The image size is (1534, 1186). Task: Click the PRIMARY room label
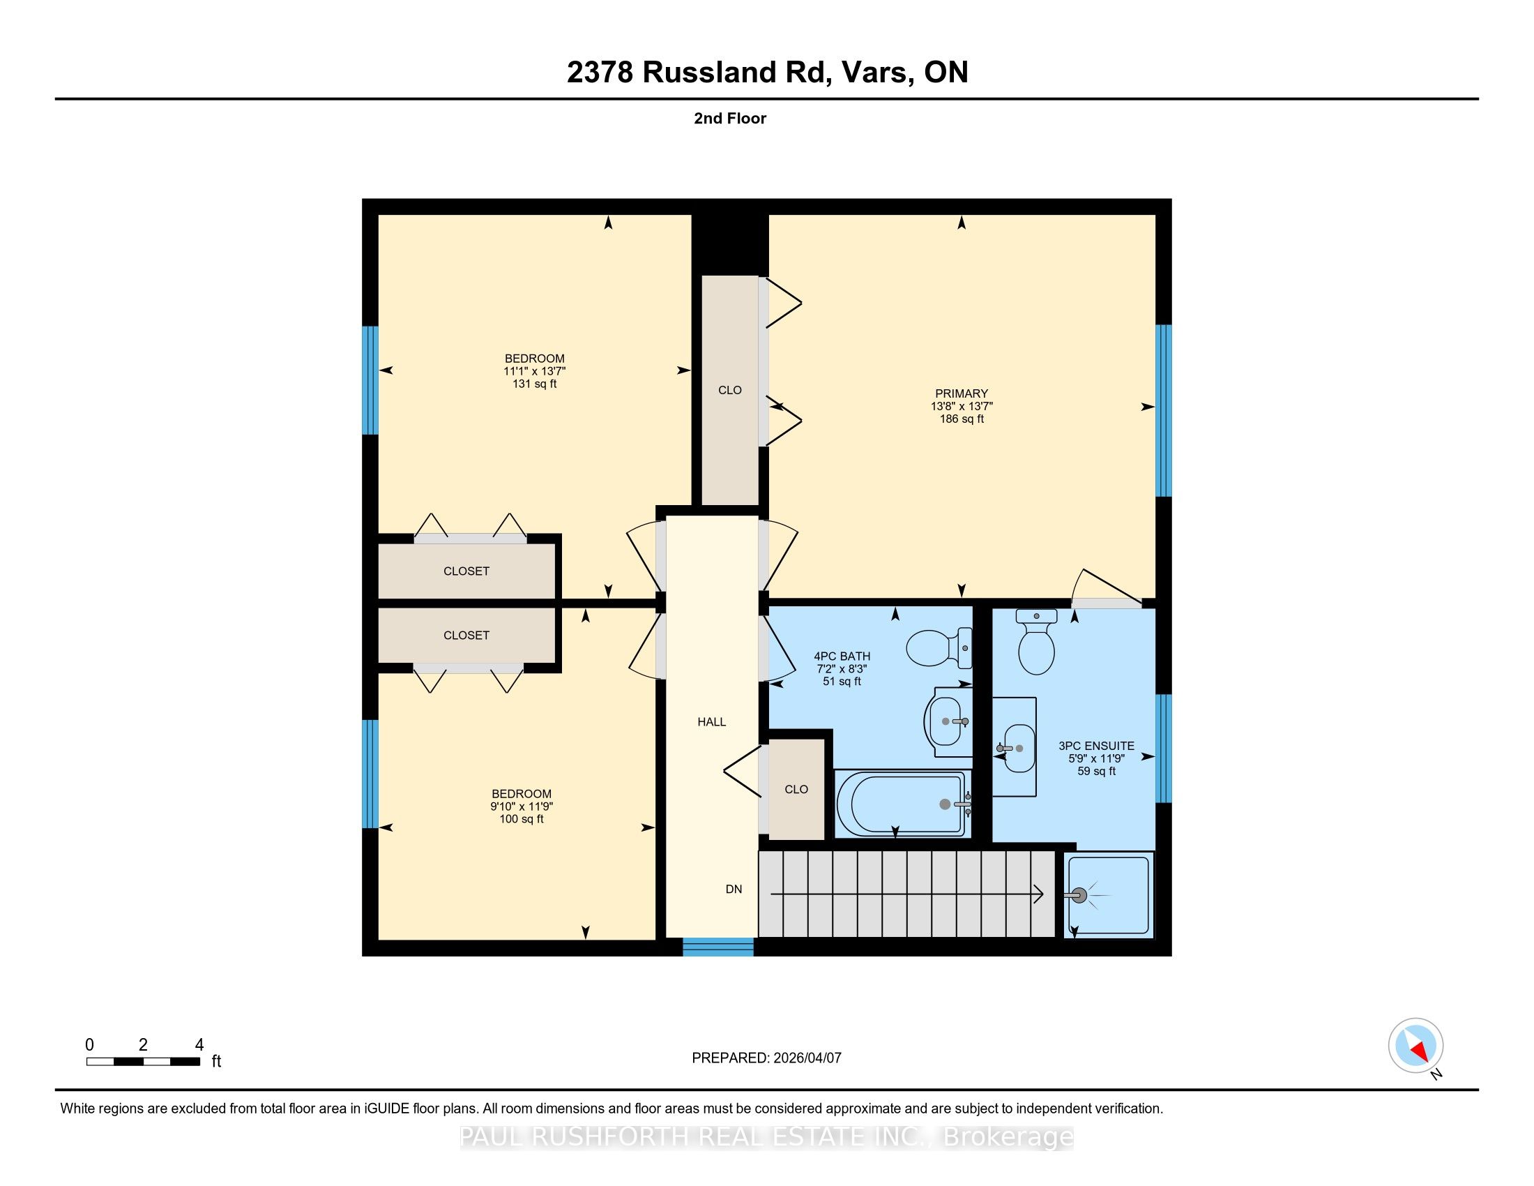[961, 393]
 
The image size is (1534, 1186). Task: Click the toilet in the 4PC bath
[939, 647]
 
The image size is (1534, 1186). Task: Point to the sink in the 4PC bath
[948, 721]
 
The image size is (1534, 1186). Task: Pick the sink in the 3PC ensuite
[1015, 748]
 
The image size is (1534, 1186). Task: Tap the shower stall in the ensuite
[1109, 894]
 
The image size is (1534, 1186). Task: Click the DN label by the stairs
[734, 889]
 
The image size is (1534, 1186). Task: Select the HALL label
[711, 721]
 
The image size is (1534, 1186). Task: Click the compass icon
[1415, 1045]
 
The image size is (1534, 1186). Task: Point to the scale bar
[143, 1062]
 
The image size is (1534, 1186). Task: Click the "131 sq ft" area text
[535, 384]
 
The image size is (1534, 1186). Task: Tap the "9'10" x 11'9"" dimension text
[521, 806]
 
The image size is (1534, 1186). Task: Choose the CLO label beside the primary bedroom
[730, 390]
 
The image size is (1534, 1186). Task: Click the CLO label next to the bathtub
[796, 789]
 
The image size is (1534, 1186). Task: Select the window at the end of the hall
[717, 947]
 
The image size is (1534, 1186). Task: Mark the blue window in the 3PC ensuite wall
[1164, 749]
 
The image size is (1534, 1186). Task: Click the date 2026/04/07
[807, 1058]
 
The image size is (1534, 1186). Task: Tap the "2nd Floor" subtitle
[730, 118]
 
